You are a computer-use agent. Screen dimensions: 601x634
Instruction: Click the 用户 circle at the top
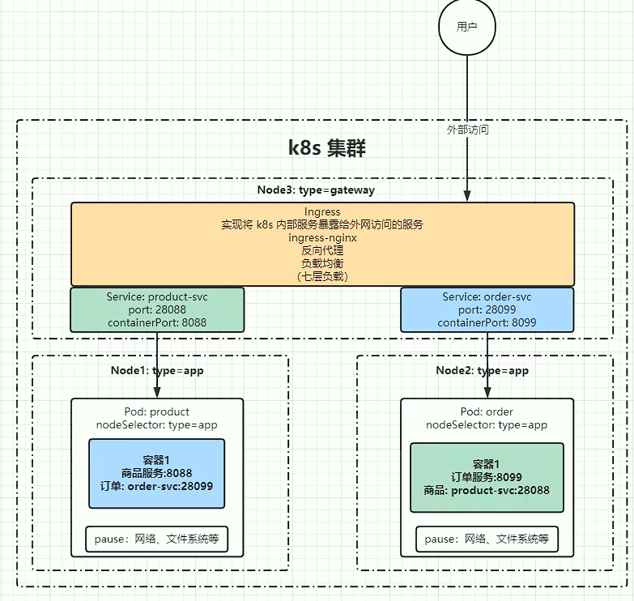click(467, 27)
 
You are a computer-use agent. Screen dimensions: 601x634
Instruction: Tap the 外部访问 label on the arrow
click(467, 130)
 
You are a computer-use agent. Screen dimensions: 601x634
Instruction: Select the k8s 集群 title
click(327, 148)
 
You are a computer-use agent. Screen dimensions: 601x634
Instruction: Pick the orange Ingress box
click(322, 244)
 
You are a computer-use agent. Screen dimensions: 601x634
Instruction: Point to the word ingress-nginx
click(322, 237)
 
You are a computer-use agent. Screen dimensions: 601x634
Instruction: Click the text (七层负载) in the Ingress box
click(322, 276)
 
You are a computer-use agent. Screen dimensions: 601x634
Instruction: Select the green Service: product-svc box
click(157, 309)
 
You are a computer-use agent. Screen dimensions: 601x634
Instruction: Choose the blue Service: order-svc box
click(487, 309)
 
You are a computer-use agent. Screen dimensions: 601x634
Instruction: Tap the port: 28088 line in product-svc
click(157, 309)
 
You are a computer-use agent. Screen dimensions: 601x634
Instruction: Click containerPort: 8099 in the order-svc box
click(487, 322)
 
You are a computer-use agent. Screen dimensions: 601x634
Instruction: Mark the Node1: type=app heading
click(157, 370)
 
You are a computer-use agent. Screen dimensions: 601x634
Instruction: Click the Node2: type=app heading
click(482, 370)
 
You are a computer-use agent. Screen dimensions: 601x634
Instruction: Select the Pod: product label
click(156, 411)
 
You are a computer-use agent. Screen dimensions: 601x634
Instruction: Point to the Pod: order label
click(487, 411)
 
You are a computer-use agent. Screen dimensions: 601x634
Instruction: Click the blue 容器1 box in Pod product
click(156, 474)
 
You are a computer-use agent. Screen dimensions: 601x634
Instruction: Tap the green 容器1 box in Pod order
click(487, 477)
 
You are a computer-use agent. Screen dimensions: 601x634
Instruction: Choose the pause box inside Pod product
click(156, 539)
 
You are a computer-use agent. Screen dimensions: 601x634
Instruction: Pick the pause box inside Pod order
click(487, 539)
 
